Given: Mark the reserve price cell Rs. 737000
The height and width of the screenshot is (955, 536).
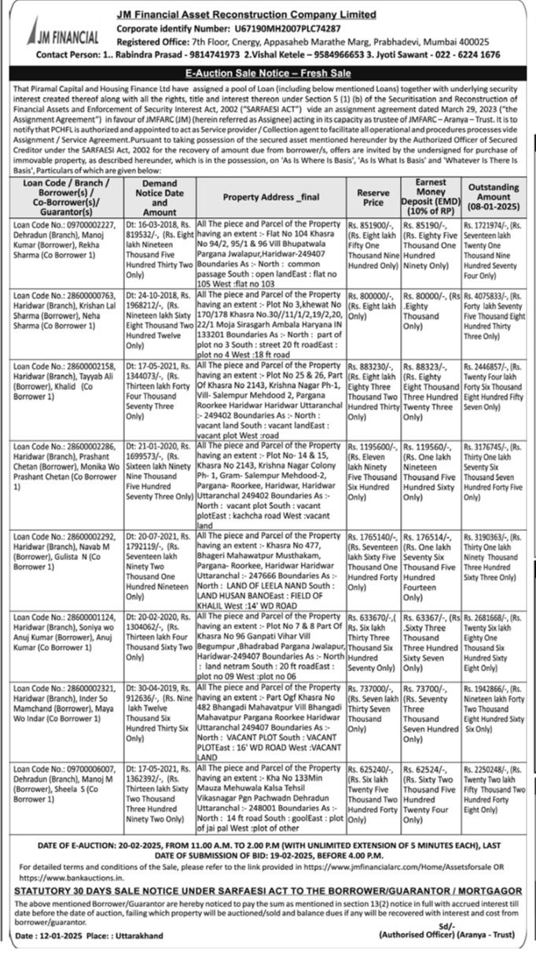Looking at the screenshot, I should pos(373,713).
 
